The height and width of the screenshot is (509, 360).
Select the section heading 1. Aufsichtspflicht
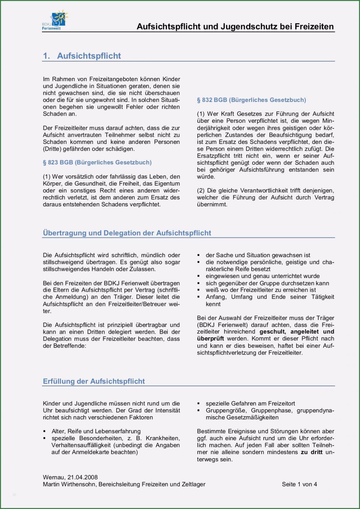click(82, 56)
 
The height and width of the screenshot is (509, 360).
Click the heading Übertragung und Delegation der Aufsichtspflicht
click(127, 233)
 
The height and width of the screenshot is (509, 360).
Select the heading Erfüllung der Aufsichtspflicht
click(94, 381)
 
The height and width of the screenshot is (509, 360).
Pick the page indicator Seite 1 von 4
click(299, 484)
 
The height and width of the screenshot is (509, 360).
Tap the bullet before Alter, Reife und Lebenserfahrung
click(44, 431)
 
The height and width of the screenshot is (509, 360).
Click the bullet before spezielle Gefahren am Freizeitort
click(199, 404)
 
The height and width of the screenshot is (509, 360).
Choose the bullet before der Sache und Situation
click(199, 255)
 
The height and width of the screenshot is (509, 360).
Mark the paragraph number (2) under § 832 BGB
click(201, 190)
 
